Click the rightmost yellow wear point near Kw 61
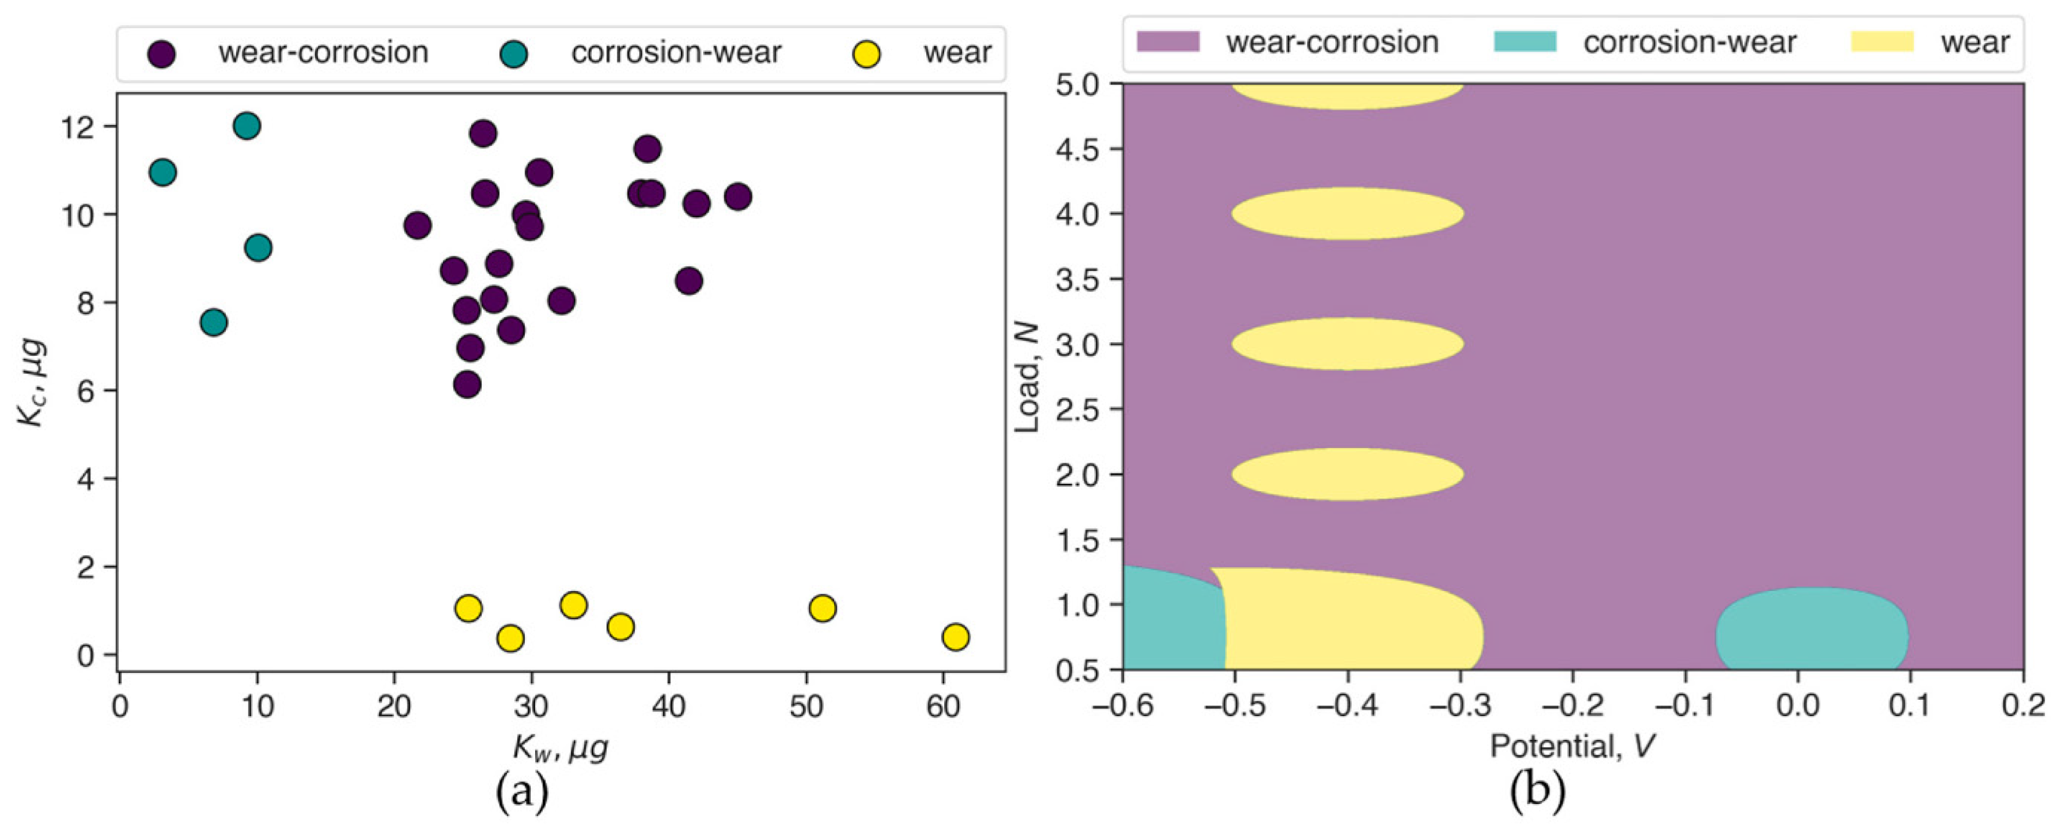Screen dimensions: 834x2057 pyautogui.click(x=955, y=636)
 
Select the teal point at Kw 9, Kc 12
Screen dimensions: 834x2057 pyautogui.click(x=247, y=126)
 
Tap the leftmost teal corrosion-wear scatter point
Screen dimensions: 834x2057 pyautogui.click(x=162, y=172)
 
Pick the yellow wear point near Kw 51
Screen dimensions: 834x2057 pyautogui.click(x=821, y=608)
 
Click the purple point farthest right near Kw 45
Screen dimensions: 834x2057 pyautogui.click(x=738, y=196)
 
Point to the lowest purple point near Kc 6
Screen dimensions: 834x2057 pyautogui.click(x=467, y=384)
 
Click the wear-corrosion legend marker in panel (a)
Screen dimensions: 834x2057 pyautogui.click(x=162, y=53)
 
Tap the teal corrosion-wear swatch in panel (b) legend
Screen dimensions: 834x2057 pyautogui.click(x=1525, y=41)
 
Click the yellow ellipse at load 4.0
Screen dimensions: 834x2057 pyautogui.click(x=1347, y=213)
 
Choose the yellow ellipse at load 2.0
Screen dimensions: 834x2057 pyautogui.click(x=1347, y=474)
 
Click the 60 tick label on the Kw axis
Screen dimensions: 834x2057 pyautogui.click(x=943, y=706)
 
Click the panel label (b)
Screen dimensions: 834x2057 pyautogui.click(x=1537, y=791)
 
